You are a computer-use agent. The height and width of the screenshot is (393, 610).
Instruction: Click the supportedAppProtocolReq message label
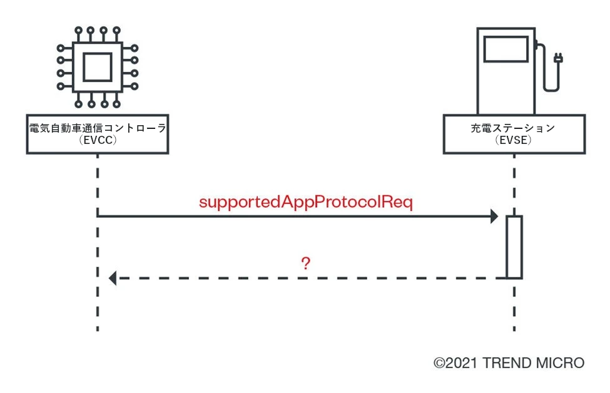click(305, 203)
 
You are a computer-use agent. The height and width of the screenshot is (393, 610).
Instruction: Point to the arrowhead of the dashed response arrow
click(113, 278)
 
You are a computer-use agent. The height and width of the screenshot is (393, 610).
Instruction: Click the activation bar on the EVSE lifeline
click(514, 247)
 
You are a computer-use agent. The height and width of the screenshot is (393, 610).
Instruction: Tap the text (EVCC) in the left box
click(98, 141)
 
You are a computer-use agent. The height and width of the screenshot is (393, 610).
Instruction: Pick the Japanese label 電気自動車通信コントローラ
click(98, 129)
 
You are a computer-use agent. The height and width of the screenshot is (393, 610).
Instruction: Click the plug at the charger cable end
click(559, 59)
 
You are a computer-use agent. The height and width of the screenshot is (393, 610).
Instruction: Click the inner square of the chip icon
click(98, 66)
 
